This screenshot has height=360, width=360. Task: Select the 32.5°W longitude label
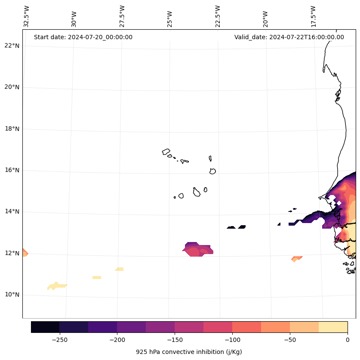27,16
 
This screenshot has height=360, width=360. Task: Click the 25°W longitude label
170,16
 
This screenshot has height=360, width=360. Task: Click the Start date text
83,37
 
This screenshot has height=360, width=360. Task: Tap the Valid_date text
289,37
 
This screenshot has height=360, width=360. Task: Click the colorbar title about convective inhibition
189,352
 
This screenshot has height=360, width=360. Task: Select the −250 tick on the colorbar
59,340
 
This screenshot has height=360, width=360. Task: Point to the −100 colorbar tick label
232,340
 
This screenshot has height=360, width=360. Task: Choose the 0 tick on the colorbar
347,340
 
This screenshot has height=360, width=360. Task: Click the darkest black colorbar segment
45,327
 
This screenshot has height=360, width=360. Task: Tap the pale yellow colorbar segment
333,327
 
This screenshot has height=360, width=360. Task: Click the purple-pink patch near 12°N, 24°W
197,250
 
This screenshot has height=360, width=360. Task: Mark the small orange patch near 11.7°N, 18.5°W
296,259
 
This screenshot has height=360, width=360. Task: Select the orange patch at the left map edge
25,253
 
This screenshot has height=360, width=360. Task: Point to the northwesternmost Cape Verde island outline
166,152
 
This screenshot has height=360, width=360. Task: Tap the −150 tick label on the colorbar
175,340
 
